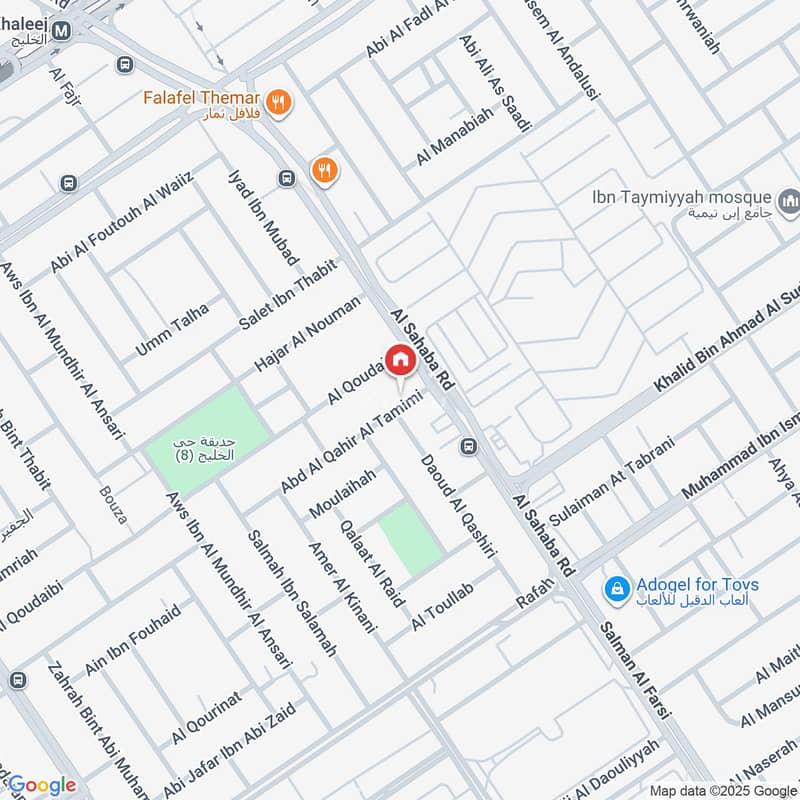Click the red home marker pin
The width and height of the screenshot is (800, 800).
(x=400, y=360)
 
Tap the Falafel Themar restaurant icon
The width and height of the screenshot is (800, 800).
(x=279, y=101)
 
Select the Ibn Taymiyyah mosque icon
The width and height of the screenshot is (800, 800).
(x=792, y=205)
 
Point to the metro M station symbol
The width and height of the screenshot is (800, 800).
(x=62, y=31)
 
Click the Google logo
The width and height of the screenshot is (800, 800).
(x=40, y=785)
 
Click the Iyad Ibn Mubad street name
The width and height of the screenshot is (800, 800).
(x=264, y=216)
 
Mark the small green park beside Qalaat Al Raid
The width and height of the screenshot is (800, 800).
(x=410, y=538)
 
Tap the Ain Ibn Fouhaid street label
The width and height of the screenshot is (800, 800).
(x=133, y=638)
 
